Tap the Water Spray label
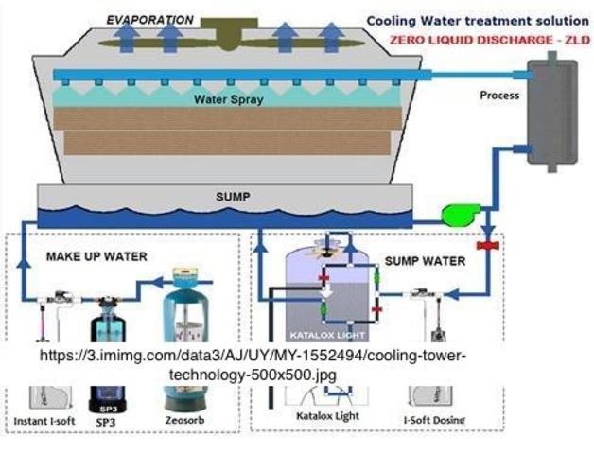point(229,98)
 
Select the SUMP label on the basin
point(224,198)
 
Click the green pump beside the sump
point(459,216)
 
